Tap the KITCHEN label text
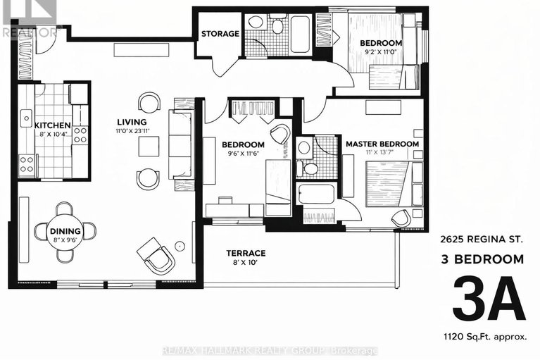coord(54,125)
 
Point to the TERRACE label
coord(246,253)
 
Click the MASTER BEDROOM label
coord(382,144)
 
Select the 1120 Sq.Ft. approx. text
coord(485,337)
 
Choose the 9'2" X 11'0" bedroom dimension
coord(381,53)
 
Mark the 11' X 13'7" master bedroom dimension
coord(381,153)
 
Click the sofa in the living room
coord(180,146)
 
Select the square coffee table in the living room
coord(149,146)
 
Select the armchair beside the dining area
coord(156,254)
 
